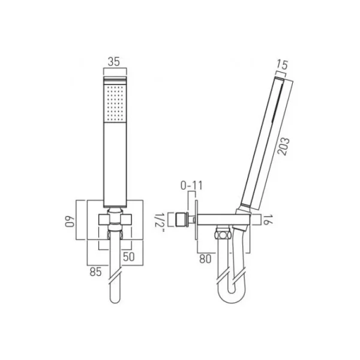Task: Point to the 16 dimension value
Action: click(x=268, y=220)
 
